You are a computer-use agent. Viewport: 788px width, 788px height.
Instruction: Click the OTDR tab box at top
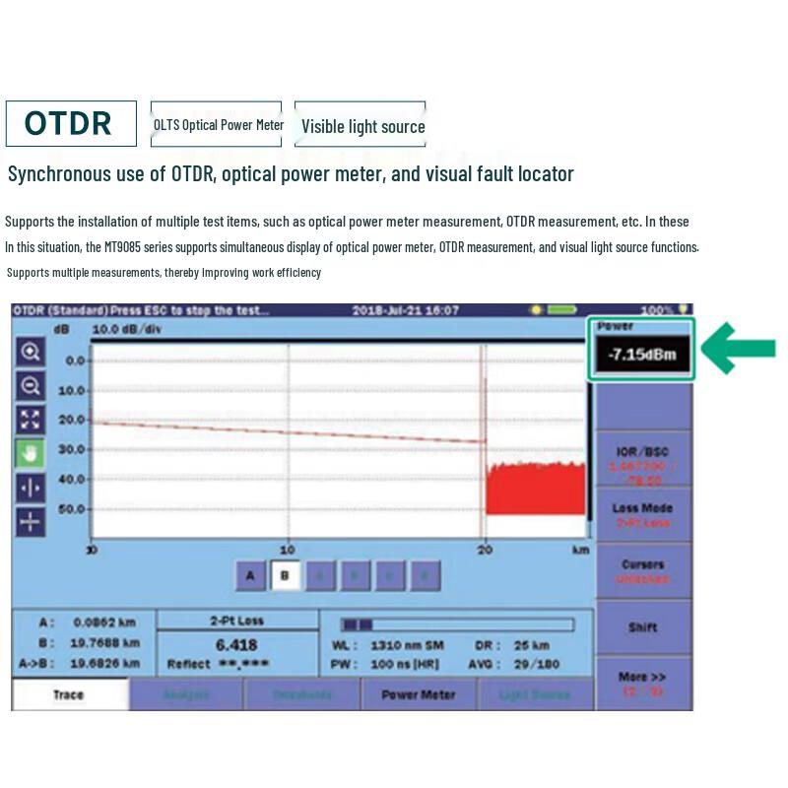tap(70, 123)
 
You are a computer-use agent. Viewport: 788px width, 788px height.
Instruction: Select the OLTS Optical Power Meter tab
tap(217, 124)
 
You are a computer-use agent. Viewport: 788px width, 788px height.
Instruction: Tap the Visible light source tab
tap(361, 125)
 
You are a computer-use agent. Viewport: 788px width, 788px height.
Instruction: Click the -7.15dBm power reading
tap(641, 355)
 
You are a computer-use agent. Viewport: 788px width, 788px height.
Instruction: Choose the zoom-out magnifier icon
tap(31, 386)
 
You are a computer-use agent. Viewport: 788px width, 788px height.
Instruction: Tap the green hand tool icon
tap(31, 453)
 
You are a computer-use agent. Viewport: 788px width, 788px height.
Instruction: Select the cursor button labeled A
tap(250, 576)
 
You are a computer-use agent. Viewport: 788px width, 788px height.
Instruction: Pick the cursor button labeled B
tap(286, 576)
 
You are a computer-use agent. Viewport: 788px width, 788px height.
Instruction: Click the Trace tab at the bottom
tap(69, 694)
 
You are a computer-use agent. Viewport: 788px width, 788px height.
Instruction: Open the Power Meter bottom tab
tap(419, 694)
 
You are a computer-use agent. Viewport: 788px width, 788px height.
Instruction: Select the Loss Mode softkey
tap(642, 515)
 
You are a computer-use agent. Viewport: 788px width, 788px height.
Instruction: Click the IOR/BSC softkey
tap(642, 459)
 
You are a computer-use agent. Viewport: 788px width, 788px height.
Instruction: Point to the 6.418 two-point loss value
tap(236, 645)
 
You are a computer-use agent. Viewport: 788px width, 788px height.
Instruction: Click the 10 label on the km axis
tap(287, 550)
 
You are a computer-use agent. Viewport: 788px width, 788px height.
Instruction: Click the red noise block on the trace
tap(536, 488)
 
